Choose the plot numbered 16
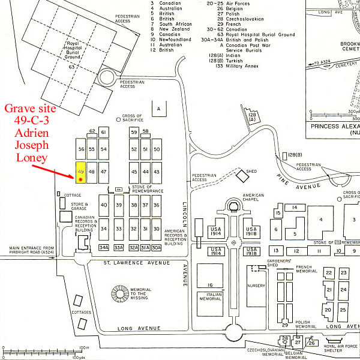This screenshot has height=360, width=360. pyautogui.click(x=210, y=284)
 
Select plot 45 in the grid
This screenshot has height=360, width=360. pyautogui.click(x=134, y=172)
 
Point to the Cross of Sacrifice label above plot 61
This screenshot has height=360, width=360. pyautogui.click(x=131, y=118)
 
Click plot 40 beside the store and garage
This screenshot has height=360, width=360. pyautogui.click(x=104, y=205)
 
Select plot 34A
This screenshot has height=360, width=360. pyautogui.click(x=104, y=247)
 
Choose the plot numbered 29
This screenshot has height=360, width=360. pyautogui.click(x=284, y=325)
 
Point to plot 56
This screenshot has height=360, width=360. pyautogui.click(x=81, y=149)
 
